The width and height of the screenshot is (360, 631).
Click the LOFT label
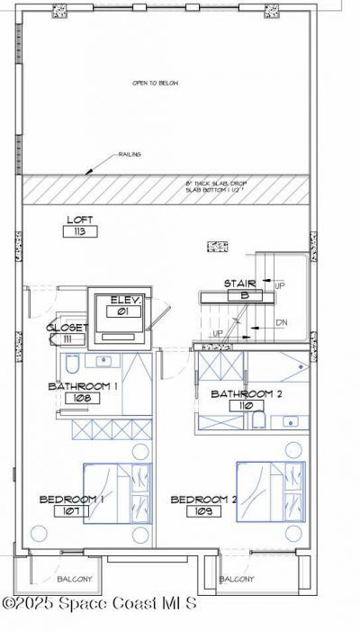point(79,220)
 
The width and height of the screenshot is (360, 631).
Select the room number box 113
point(80,231)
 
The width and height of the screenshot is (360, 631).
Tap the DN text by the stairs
point(281,323)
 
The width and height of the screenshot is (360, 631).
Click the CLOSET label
point(41,327)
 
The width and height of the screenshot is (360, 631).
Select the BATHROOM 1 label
point(84,385)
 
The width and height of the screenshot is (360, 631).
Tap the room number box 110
point(240,405)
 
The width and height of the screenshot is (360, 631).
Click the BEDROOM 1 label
point(72,499)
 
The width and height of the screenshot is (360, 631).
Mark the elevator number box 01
point(121,311)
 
